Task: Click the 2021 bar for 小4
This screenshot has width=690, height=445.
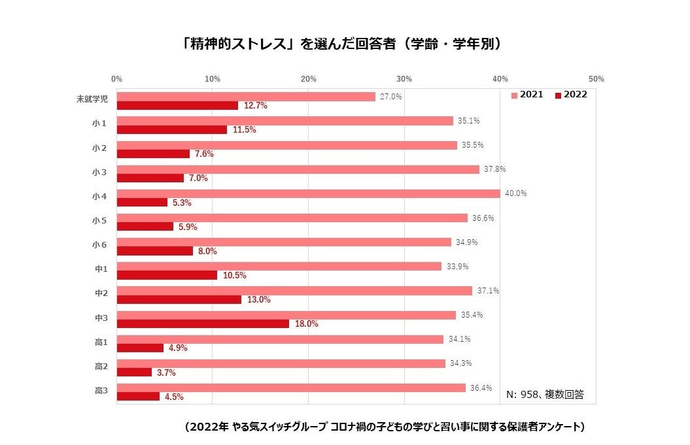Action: pyautogui.click(x=308, y=193)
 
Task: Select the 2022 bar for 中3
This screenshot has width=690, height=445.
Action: pyautogui.click(x=203, y=323)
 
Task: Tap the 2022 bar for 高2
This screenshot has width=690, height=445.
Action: pyautogui.click(x=134, y=372)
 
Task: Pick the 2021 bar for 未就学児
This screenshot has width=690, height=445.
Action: pyautogui.click(x=246, y=96)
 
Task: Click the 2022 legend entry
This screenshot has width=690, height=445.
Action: pyautogui.click(x=571, y=94)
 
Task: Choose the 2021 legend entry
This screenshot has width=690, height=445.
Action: pyautogui.click(x=527, y=94)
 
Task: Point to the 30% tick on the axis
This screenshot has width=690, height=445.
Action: pyautogui.click(x=404, y=79)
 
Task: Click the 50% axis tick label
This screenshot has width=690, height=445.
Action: pyautogui.click(x=596, y=79)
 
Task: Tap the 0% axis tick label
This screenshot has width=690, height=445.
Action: pyautogui.click(x=117, y=79)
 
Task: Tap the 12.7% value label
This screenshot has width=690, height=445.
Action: pyautogui.click(x=256, y=105)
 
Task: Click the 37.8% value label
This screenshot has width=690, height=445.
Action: pyautogui.click(x=494, y=169)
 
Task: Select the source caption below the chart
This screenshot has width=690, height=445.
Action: pyautogui.click(x=384, y=427)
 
